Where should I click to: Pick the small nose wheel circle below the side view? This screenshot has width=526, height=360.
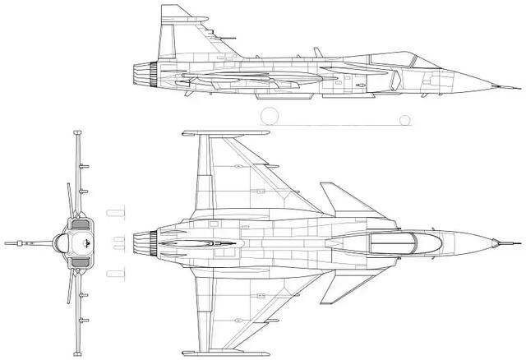pyautogui.click(x=404, y=120)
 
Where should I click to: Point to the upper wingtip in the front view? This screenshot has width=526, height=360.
pyautogui.click(x=77, y=133)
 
